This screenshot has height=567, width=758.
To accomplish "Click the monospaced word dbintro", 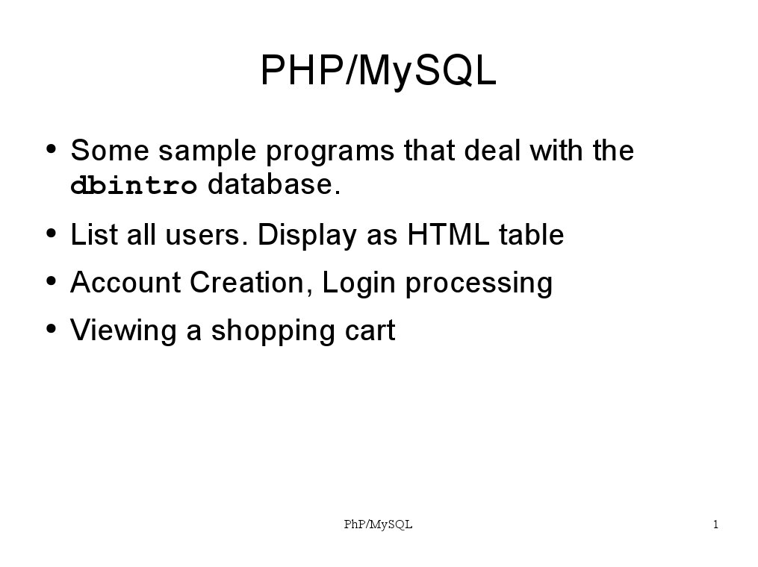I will tap(134, 186).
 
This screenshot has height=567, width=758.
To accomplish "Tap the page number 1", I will tap(715, 524).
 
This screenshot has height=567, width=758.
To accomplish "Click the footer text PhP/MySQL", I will tap(378, 525).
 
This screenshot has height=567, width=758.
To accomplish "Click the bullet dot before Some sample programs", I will tap(52, 149).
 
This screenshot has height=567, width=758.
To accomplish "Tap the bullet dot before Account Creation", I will tap(52, 282).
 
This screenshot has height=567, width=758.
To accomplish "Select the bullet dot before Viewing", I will tap(52, 330).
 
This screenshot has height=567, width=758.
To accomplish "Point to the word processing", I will tap(479, 284).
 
